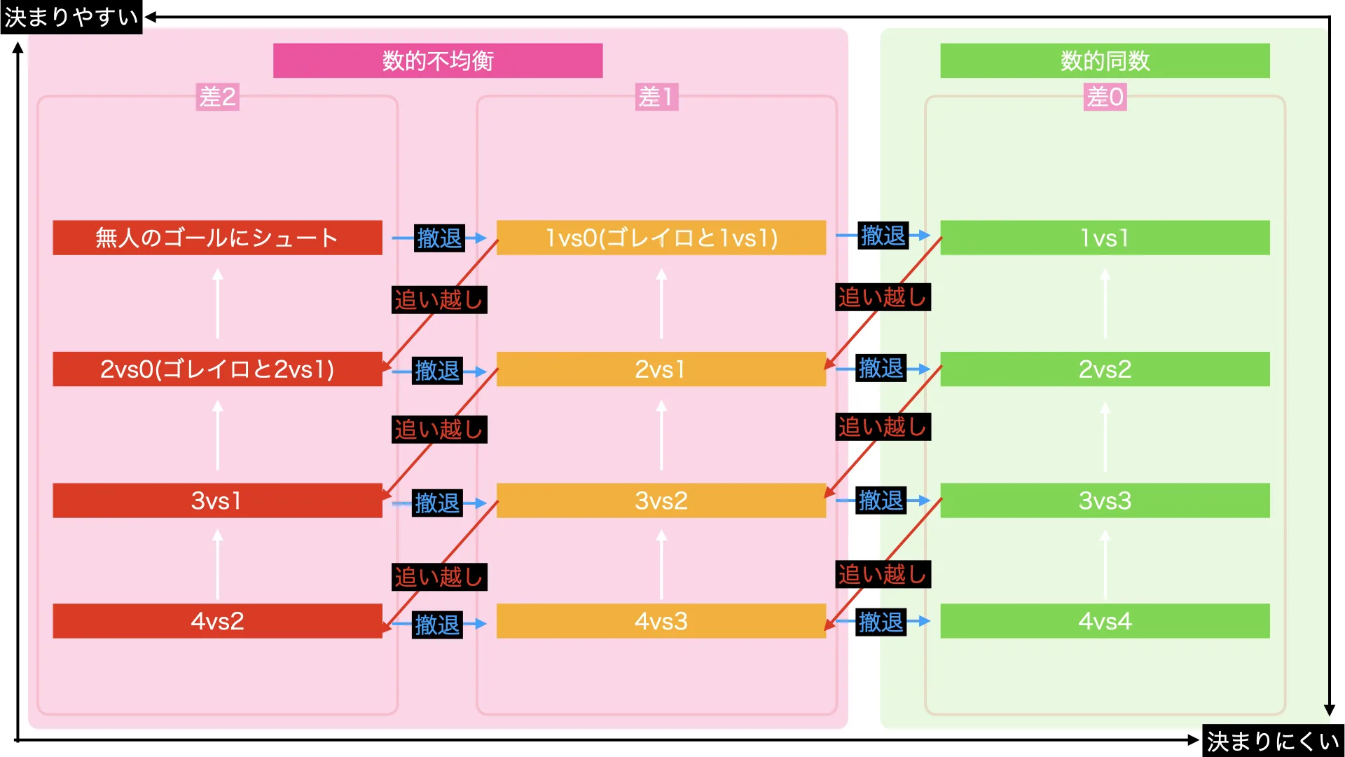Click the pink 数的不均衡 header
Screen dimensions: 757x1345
point(437,61)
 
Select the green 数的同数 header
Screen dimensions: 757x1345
point(1104,61)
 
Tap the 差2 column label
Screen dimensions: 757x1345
point(217,97)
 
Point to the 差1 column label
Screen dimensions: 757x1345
point(656,97)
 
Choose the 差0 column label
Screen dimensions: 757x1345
point(1105,97)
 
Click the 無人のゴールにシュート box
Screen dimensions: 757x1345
point(217,238)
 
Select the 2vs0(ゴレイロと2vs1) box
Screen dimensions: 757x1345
point(217,369)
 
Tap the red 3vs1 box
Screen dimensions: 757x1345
point(217,500)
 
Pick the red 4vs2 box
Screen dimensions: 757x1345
point(217,621)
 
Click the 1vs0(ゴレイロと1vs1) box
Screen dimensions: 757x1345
point(661,238)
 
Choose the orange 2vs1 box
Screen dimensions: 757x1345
point(661,369)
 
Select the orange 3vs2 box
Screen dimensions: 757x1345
point(661,500)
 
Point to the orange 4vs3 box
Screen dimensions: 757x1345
point(661,621)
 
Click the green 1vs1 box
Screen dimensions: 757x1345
point(1105,238)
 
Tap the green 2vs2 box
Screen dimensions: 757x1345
point(1105,369)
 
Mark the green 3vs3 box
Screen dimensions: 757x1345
point(1105,500)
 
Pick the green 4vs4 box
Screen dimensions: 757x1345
point(1105,621)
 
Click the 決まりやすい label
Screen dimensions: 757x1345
point(71,17)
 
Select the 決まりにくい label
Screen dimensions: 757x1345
point(1273,741)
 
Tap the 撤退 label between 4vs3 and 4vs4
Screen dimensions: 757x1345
point(881,622)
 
